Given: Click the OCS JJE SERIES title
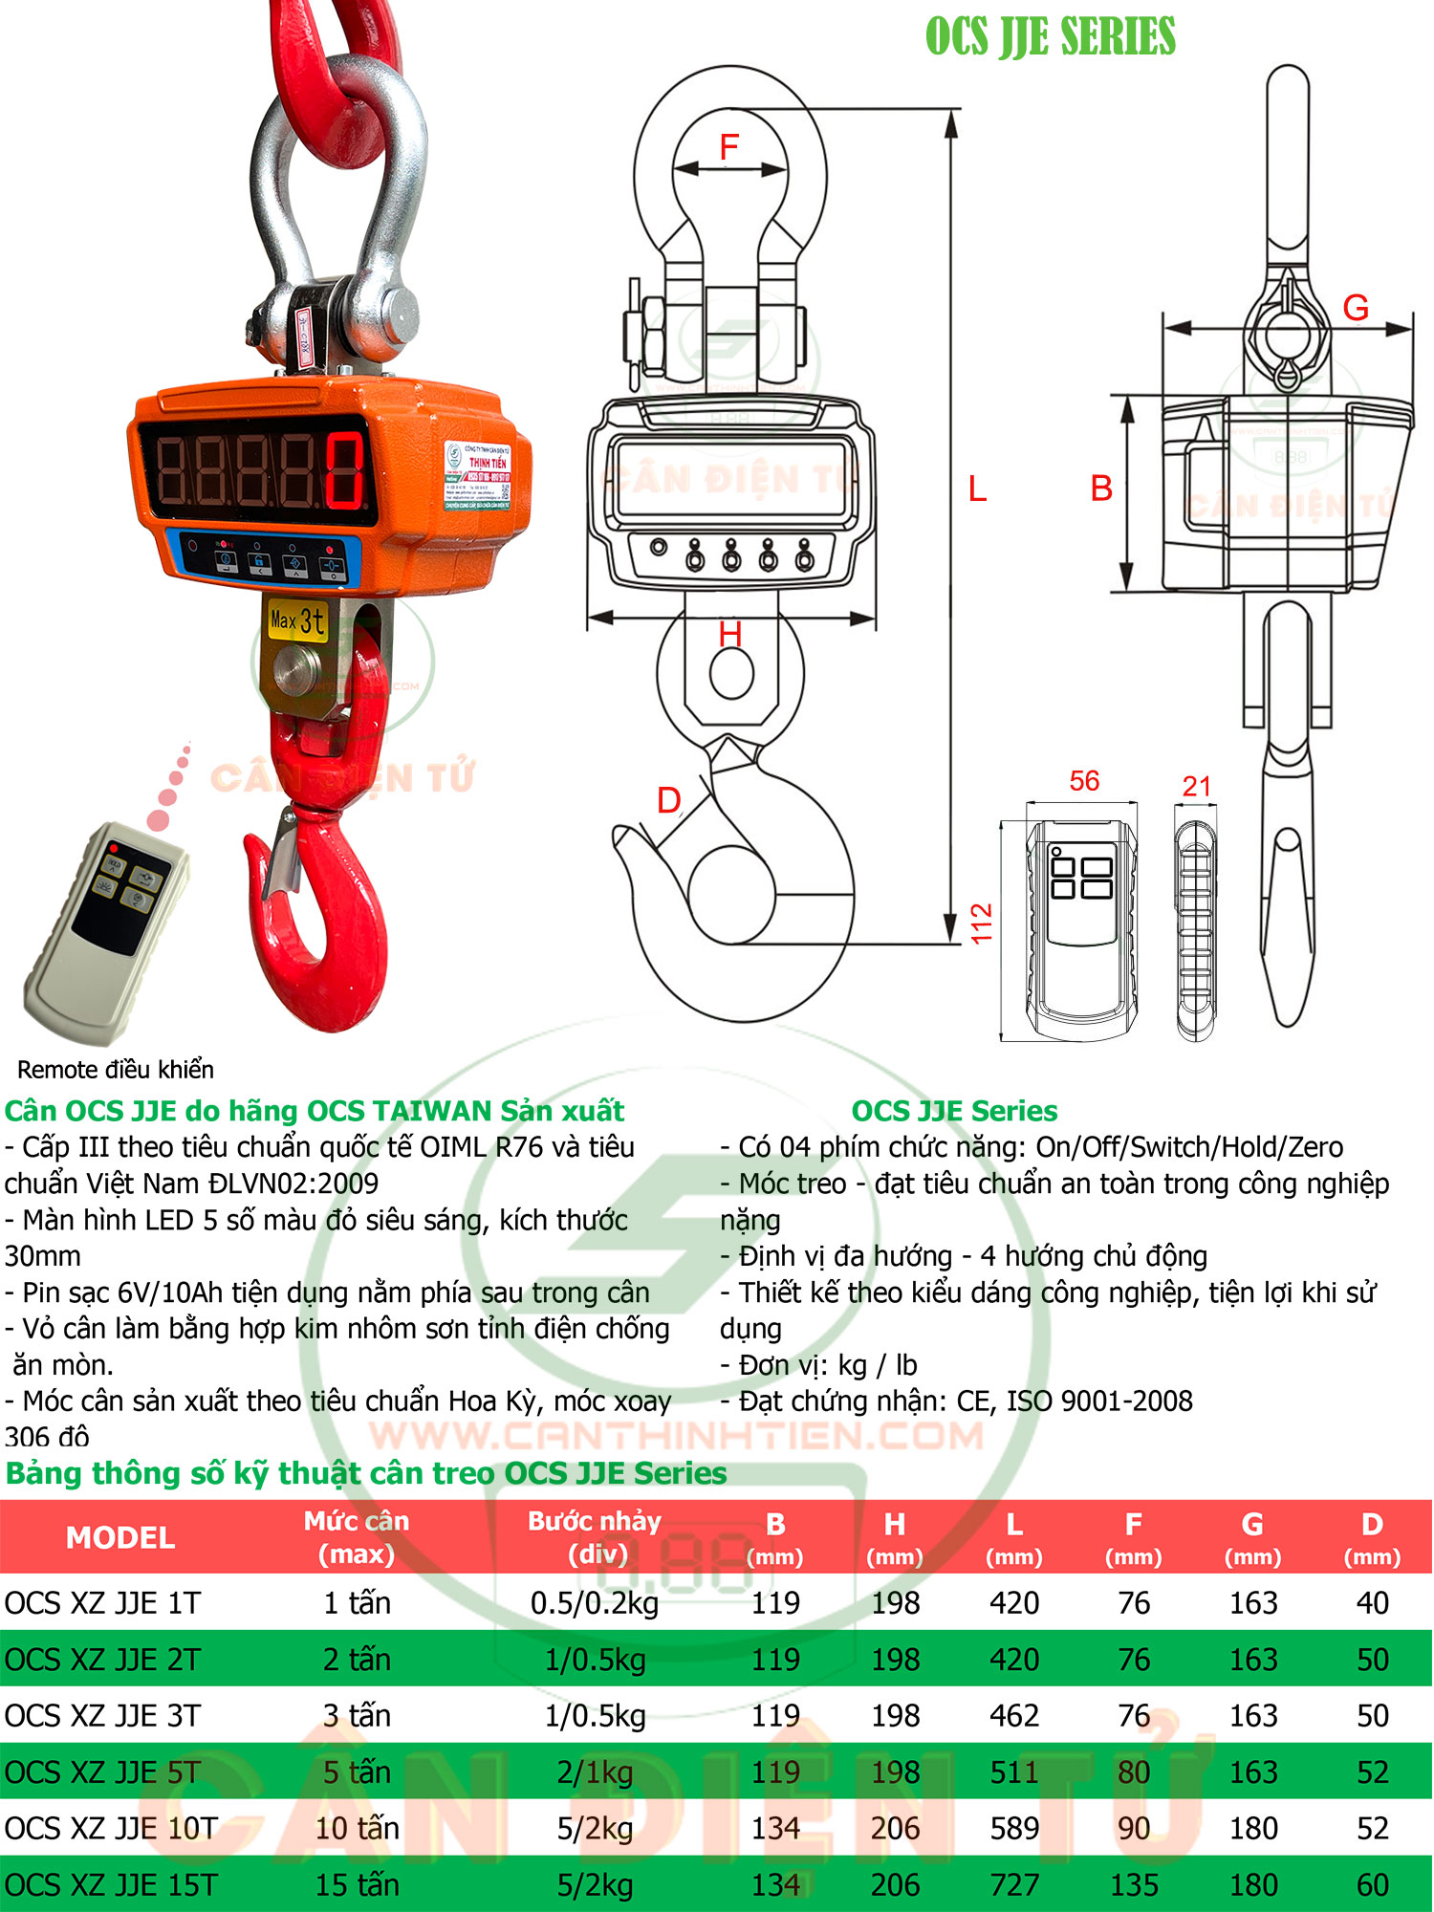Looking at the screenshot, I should pos(1050,37).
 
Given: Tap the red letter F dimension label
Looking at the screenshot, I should pos(729,147).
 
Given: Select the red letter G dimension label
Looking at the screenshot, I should pos(1356,308).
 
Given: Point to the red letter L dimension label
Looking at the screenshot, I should pos(977,489).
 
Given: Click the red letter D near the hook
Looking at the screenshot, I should pos(669,800).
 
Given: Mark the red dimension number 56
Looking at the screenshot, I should pos(1084,781).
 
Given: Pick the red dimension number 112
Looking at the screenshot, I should pos(982,923).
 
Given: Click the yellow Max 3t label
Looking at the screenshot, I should pos(297,621).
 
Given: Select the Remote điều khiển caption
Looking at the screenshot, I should pos(116,1069).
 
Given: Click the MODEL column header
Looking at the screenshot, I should pos(120,1537).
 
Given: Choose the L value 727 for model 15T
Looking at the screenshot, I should pos(1014,1885).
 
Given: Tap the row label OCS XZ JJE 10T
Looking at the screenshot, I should pos(111,1829).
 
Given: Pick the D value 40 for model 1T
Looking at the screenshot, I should pos(1372,1603).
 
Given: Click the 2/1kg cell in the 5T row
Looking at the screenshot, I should pos(595,1772).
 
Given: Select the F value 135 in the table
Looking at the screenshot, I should pos(1134,1885).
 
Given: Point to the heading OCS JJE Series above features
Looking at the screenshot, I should pos(954,1111).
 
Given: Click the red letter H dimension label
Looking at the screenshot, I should pos(730,634).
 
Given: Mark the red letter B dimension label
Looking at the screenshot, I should pos(1101,489).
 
